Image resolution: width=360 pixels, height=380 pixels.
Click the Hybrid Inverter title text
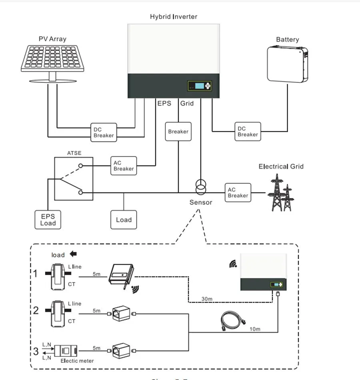(173, 16)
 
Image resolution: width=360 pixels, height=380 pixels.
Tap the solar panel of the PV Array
(52, 57)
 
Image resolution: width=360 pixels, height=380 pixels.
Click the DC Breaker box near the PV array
(103, 133)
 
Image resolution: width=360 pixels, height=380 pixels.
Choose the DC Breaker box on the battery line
(248, 132)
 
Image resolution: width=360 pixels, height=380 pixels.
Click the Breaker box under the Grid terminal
(178, 131)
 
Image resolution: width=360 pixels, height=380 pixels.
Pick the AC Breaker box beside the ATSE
(124, 166)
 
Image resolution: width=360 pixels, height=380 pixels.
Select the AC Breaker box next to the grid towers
(238, 193)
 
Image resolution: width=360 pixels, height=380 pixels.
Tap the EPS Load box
(48, 219)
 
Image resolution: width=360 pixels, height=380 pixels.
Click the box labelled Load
(124, 219)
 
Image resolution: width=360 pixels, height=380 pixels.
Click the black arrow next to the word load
(73, 254)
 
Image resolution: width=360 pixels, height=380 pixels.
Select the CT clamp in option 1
(57, 275)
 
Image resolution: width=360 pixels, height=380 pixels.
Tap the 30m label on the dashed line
(207, 298)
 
